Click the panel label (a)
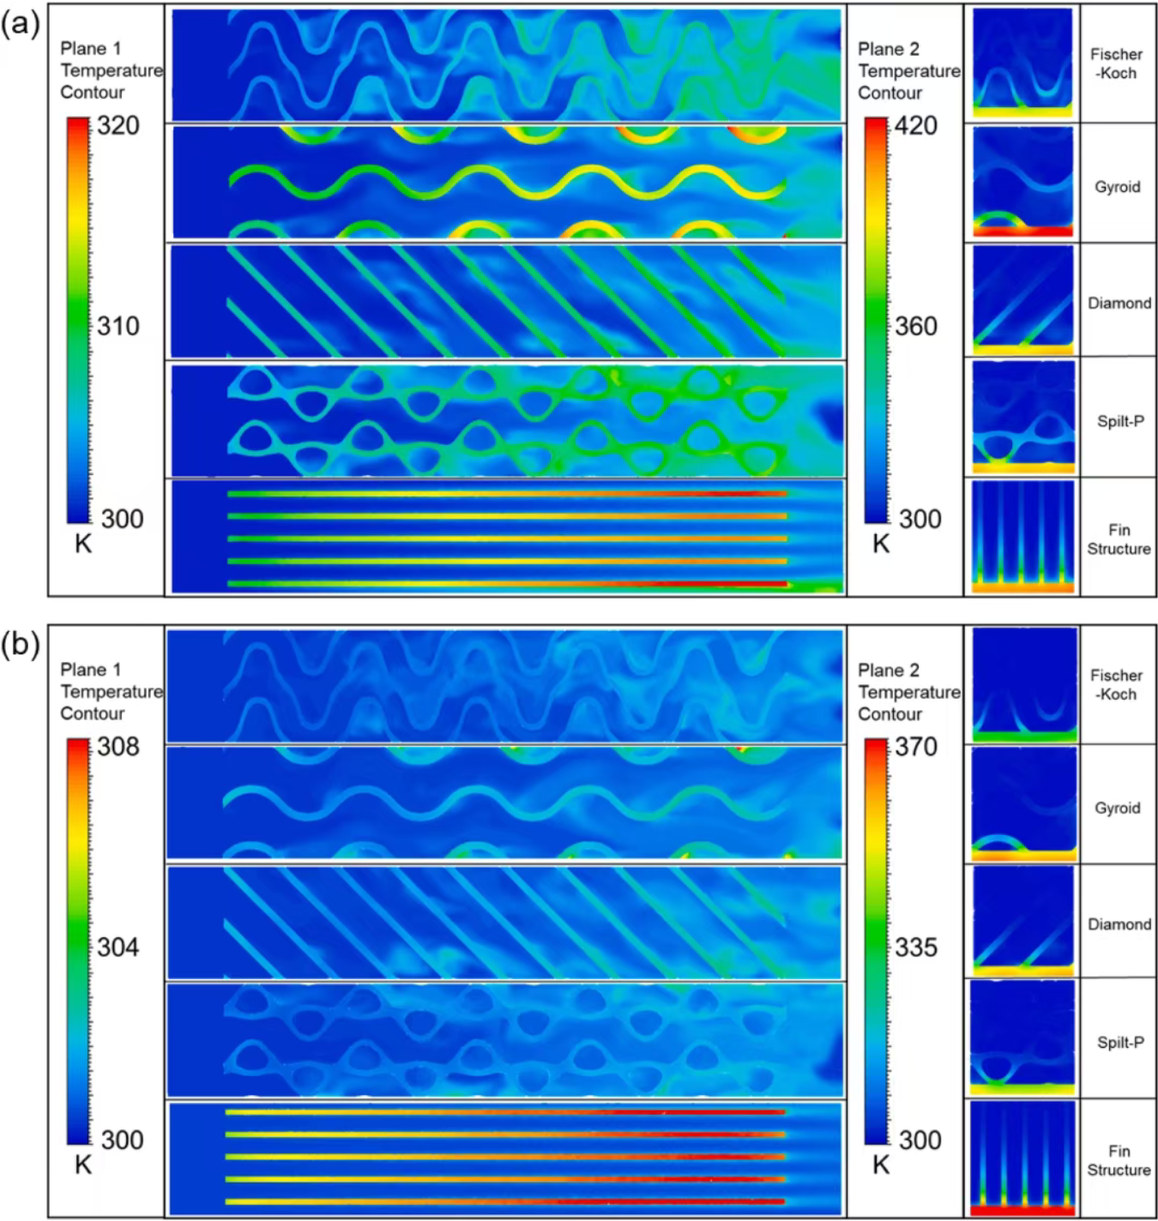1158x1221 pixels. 21,25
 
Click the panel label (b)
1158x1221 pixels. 21,646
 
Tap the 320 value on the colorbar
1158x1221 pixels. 118,126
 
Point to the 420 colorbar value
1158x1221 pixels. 916,126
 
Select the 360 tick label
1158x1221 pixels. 916,326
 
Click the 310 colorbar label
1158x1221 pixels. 118,326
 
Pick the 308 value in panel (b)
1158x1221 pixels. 118,747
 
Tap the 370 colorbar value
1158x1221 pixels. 916,747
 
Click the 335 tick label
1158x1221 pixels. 916,947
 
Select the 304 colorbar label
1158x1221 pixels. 118,947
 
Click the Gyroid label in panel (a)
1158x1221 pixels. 1117,187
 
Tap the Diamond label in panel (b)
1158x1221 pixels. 1119,924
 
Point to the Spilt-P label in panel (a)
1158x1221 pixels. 1119,421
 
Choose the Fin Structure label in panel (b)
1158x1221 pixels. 1119,1160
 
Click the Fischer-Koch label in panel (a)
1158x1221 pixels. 1116,63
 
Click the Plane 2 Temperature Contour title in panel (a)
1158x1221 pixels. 908,71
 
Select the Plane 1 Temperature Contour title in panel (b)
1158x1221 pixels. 111,691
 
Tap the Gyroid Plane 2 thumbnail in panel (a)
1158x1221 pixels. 1022,183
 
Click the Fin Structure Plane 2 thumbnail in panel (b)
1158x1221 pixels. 1022,1158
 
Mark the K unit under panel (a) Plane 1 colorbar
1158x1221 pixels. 83,544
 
